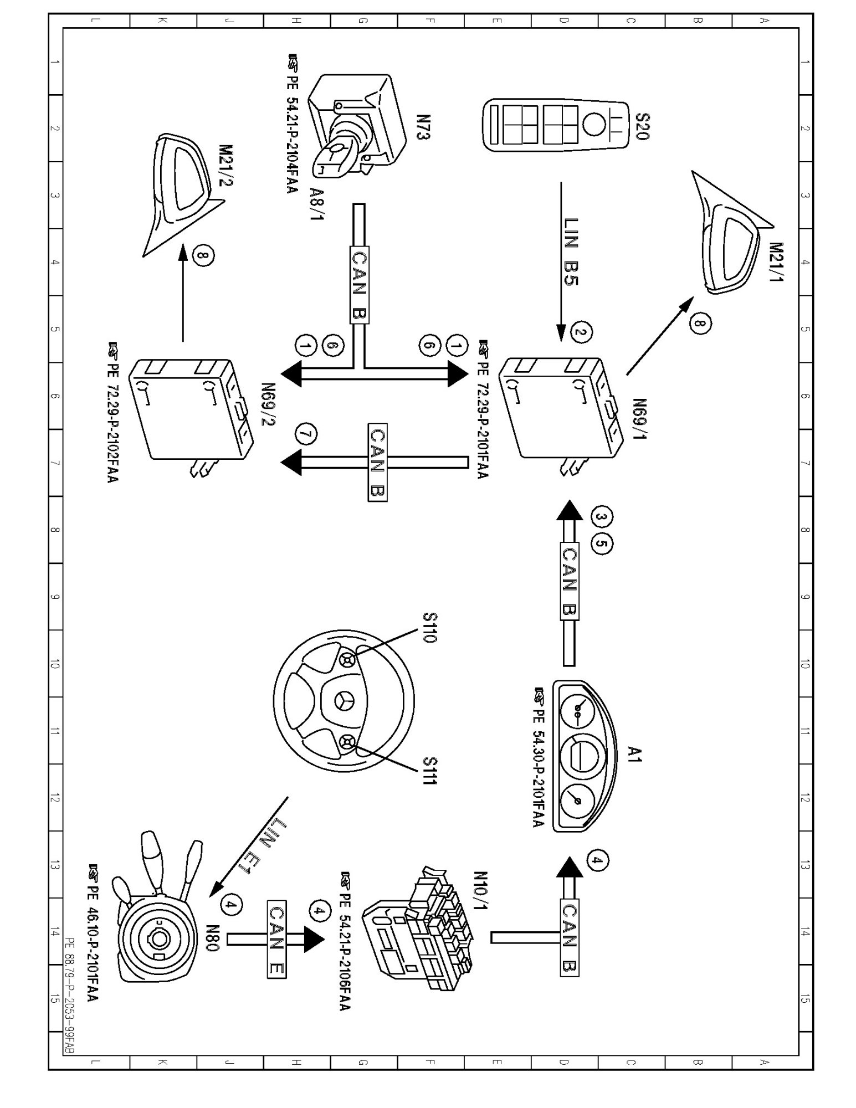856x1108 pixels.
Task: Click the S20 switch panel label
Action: tap(642, 127)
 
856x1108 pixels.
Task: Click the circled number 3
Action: tap(601, 516)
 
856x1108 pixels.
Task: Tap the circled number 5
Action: tap(601, 545)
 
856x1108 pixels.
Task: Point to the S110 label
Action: tap(430, 628)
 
